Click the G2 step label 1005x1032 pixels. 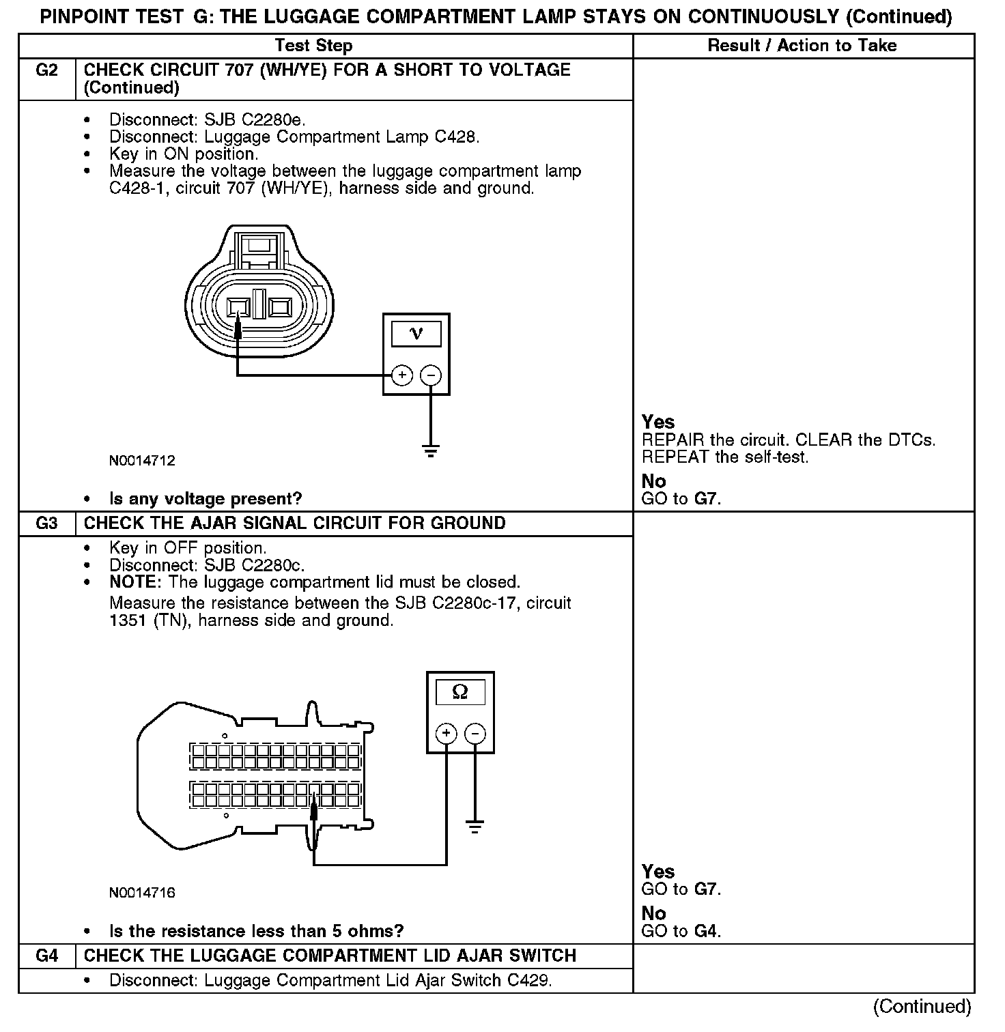click(46, 70)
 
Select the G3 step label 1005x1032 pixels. click(46, 524)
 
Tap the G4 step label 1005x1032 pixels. click(46, 956)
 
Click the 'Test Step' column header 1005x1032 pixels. click(313, 46)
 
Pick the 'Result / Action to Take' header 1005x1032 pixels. click(802, 46)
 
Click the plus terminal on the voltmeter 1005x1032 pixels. click(402, 375)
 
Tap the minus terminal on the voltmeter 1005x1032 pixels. click(430, 375)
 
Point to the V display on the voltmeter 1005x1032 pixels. click(416, 334)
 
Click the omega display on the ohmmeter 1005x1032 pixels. click(460, 692)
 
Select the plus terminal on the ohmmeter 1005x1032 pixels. click(446, 734)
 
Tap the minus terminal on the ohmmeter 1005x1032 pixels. click(475, 734)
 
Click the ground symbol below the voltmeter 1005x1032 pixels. click(430, 450)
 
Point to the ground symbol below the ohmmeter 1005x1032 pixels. click(475, 827)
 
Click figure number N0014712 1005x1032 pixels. click(142, 461)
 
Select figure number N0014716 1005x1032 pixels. click(142, 893)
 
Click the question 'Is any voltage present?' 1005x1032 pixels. click(205, 499)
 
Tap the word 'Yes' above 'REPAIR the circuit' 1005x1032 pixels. click(658, 422)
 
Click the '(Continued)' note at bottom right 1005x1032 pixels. click(922, 1006)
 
